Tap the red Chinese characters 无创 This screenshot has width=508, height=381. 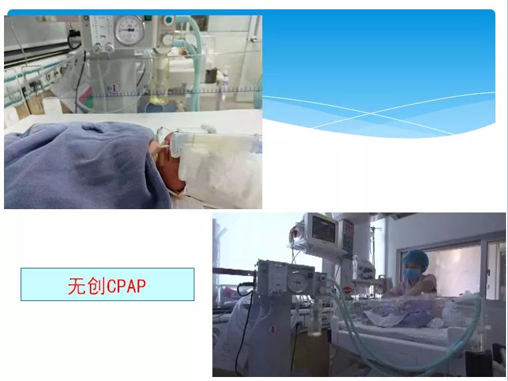tap(87, 285)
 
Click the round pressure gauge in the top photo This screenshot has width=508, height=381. tap(128, 29)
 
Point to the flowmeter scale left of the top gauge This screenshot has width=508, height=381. tap(101, 30)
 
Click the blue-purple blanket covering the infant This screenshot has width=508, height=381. tap(73, 167)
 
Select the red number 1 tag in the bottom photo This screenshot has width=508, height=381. tap(272, 328)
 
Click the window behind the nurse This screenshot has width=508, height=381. tap(459, 266)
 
